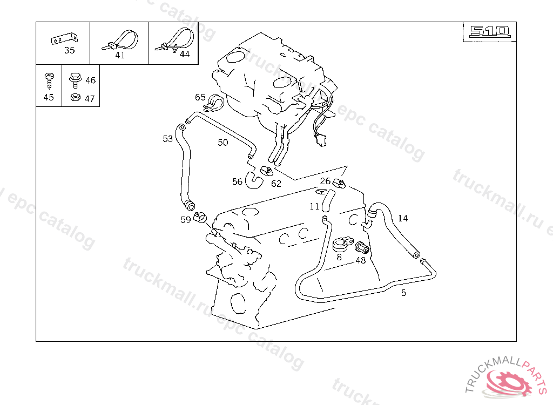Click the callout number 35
pyautogui.click(x=70, y=50)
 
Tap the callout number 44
pyautogui.click(x=185, y=54)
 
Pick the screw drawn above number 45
pyautogui.click(x=49, y=81)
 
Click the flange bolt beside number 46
pyautogui.click(x=75, y=80)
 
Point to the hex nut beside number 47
pyautogui.click(x=76, y=97)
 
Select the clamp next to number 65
pyautogui.click(x=213, y=102)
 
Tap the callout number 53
pyautogui.click(x=167, y=139)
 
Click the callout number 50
pyautogui.click(x=223, y=143)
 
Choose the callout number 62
pyautogui.click(x=276, y=184)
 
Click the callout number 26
pyautogui.click(x=325, y=181)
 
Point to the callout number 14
pyautogui.click(x=403, y=218)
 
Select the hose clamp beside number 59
pyautogui.click(x=200, y=217)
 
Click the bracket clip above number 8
pyautogui.click(x=342, y=244)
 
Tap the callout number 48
pyautogui.click(x=360, y=260)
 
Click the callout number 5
pyautogui.click(x=403, y=293)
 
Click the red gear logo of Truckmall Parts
pyautogui.click(x=509, y=382)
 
